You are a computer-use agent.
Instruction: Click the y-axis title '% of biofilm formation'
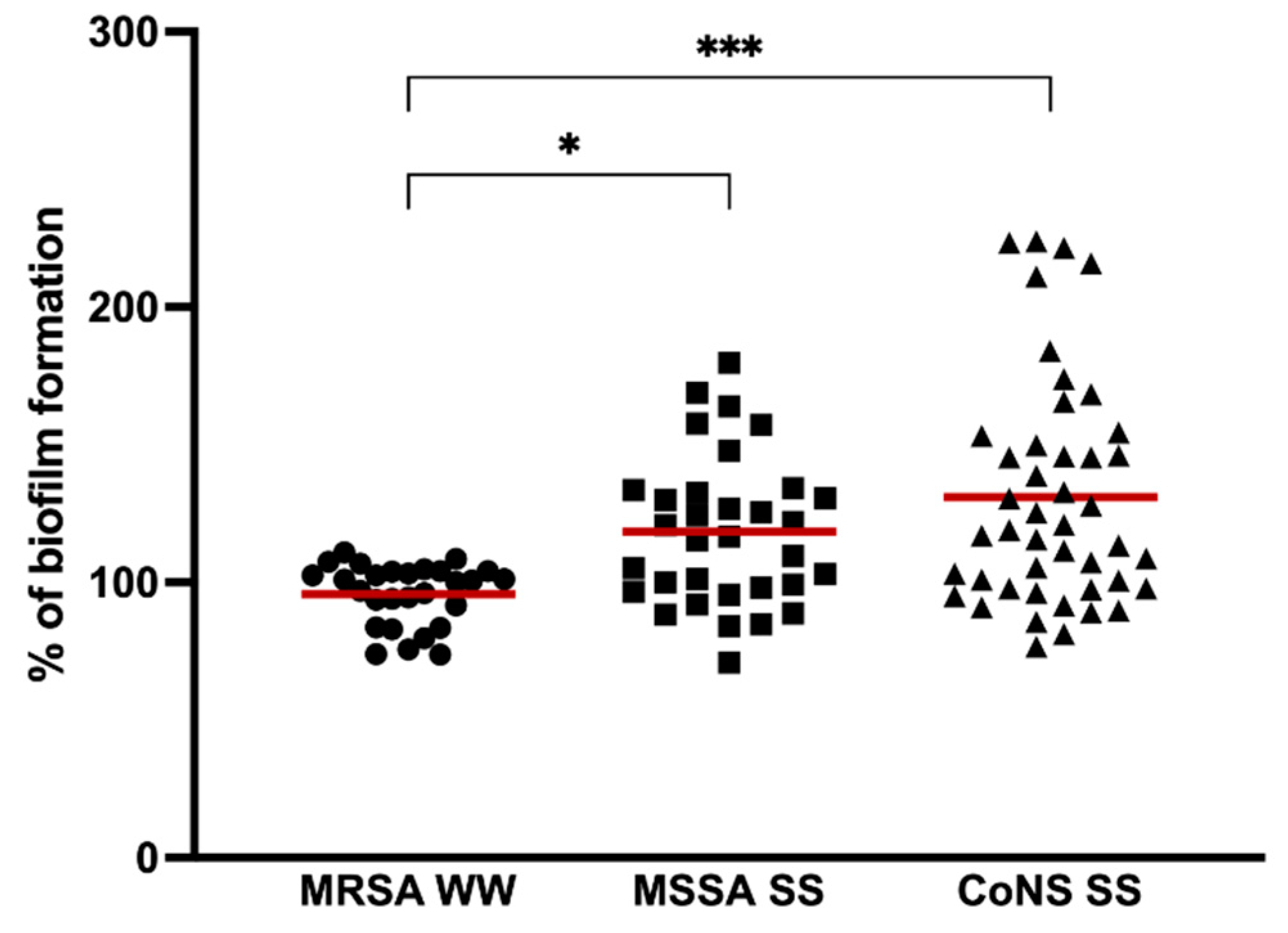[46, 444]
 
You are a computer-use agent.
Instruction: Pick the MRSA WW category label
[408, 891]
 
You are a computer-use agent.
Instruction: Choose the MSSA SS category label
[728, 891]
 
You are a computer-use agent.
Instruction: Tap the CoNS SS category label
[1050, 891]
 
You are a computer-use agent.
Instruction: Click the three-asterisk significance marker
[729, 48]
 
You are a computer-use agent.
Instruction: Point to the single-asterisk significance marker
[569, 145]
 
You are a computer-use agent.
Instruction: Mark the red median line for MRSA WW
[408, 594]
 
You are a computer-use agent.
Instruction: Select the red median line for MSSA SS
[729, 532]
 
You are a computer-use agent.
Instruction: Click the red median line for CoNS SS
[1050, 497]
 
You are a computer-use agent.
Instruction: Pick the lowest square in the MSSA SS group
[729, 662]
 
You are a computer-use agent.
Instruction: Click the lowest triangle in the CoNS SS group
[1036, 648]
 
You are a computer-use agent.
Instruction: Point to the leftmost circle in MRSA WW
[312, 575]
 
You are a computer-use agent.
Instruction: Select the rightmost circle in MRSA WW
[505, 579]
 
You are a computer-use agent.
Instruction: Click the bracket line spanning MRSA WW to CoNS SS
[729, 77]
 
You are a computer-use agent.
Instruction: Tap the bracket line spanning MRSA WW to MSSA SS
[569, 174]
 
